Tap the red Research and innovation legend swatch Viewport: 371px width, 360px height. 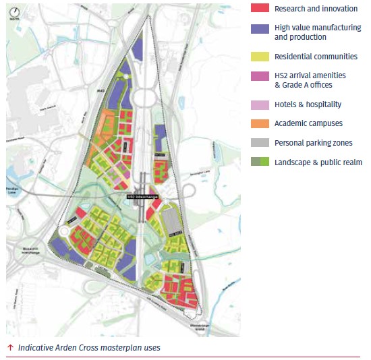pyautogui.click(x=260, y=9)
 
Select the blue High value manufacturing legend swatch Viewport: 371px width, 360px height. pyautogui.click(x=260, y=29)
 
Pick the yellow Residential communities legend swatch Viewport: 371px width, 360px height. pyautogui.click(x=260, y=57)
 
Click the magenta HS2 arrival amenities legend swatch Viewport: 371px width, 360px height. pyautogui.click(x=260, y=76)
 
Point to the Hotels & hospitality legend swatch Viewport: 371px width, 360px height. pyautogui.click(x=260, y=104)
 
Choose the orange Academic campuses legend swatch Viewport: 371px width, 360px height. pyautogui.click(x=260, y=123)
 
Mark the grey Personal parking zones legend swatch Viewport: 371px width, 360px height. pyautogui.click(x=260, y=143)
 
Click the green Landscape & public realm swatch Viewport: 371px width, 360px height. pyautogui.click(x=260, y=162)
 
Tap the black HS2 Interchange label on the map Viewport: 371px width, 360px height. pyautogui.click(x=142, y=197)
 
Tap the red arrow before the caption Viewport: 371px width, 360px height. pyautogui.click(x=10, y=348)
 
